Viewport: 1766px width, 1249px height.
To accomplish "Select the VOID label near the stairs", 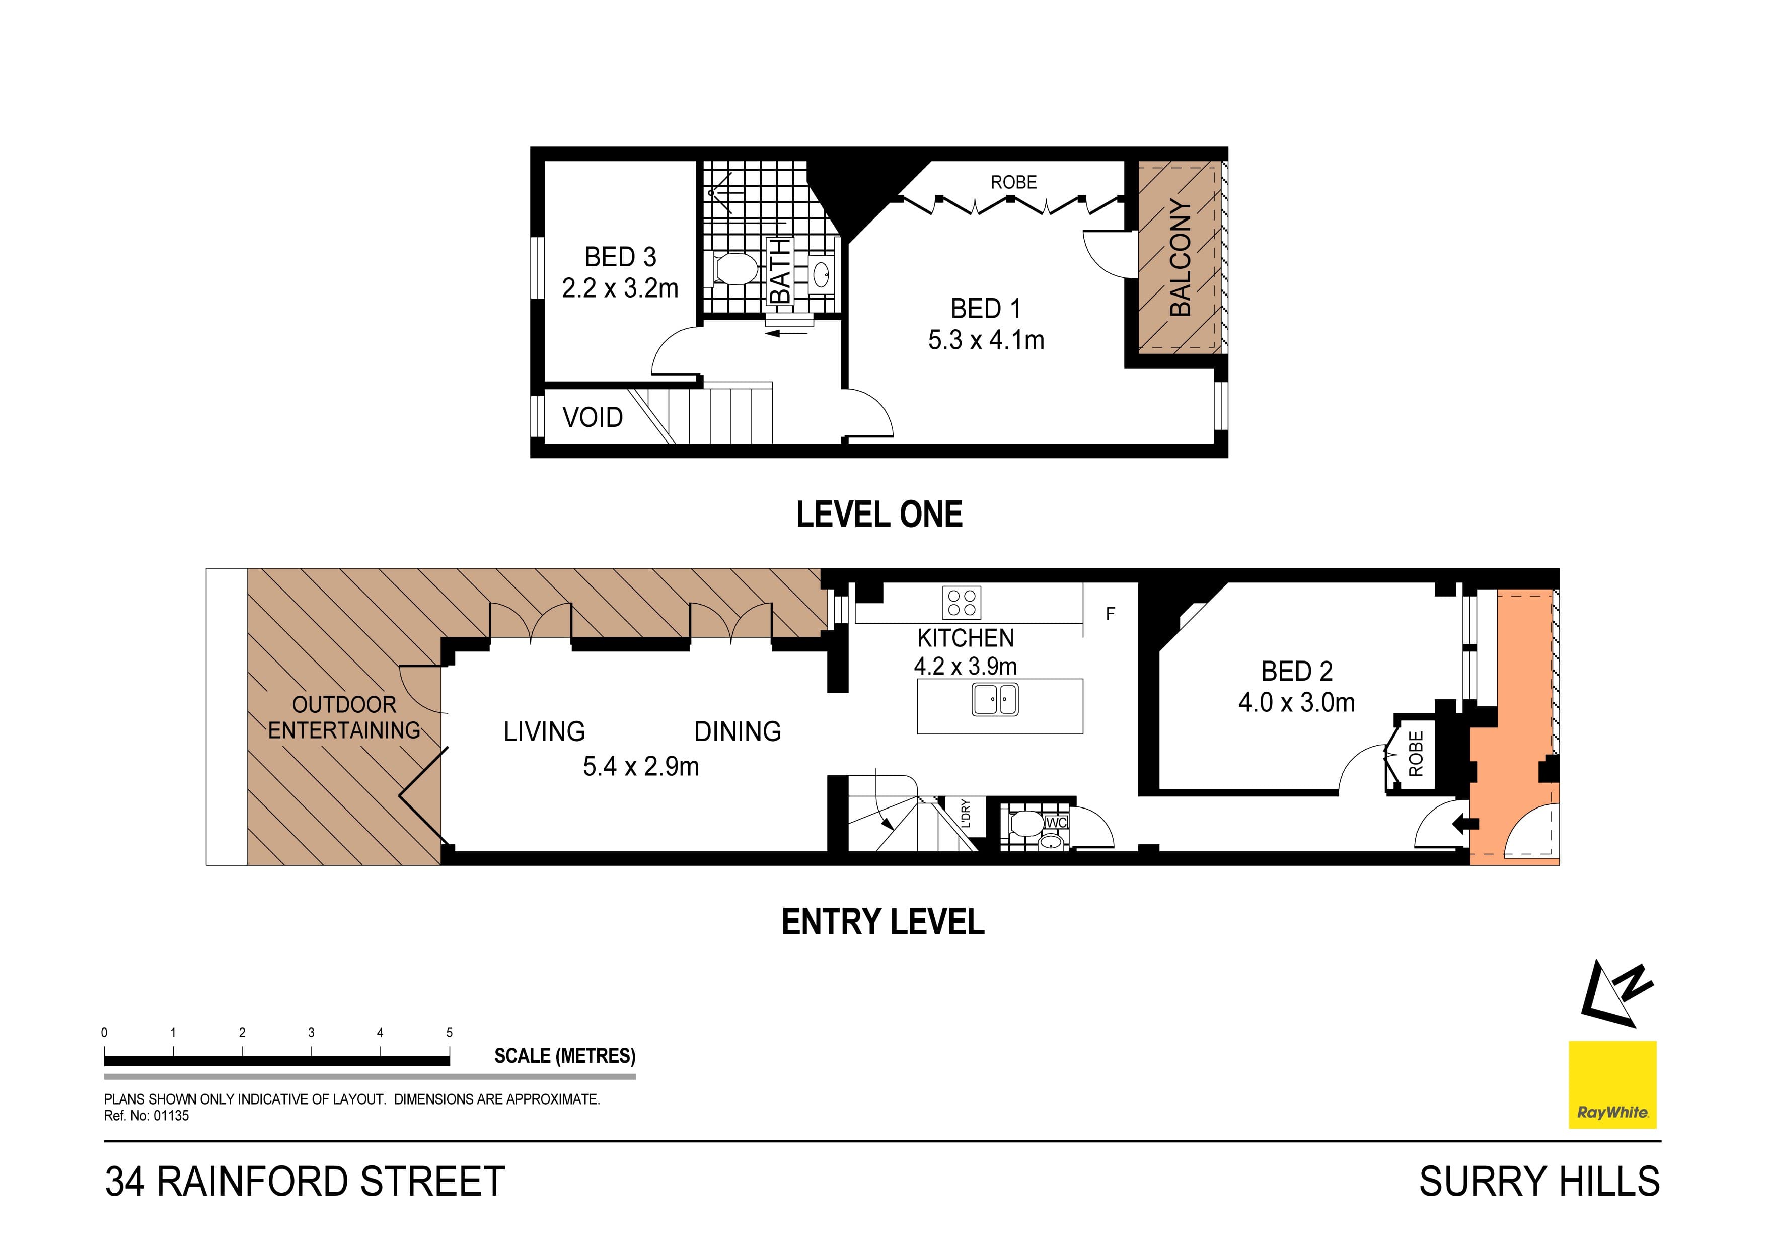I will pos(592,418).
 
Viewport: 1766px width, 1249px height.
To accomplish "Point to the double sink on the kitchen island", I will pos(995,700).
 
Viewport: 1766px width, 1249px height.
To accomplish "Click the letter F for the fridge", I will pos(1110,614).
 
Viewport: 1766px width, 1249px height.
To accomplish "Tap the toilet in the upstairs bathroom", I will pos(734,270).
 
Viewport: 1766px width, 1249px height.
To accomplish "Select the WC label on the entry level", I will pos(1057,822).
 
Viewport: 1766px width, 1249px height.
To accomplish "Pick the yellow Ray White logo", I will pos(1612,1084).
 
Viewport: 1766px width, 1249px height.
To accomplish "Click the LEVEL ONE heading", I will pos(879,515).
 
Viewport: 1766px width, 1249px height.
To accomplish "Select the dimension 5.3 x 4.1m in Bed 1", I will pos(986,340).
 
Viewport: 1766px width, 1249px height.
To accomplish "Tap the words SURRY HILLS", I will pos(1539,1182).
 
